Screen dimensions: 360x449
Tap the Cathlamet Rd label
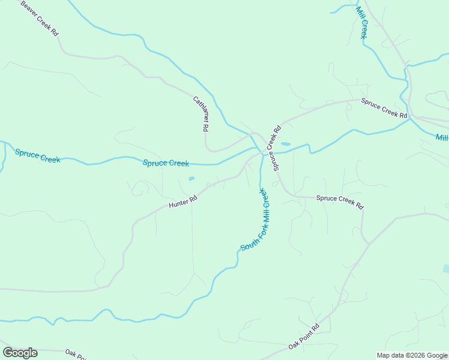(x=200, y=113)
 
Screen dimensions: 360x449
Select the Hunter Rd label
(x=183, y=203)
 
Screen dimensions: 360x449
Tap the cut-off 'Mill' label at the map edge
(x=442, y=138)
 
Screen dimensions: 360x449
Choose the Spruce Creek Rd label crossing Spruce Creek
(x=277, y=148)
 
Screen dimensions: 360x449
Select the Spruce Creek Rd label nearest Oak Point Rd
(x=340, y=202)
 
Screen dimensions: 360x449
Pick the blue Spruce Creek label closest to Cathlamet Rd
(x=166, y=163)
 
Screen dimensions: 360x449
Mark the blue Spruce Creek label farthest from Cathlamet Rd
(x=37, y=156)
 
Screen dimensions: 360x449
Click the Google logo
(x=20, y=353)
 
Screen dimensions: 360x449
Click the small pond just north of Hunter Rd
(x=191, y=178)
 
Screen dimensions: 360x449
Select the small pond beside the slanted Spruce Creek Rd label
(x=285, y=144)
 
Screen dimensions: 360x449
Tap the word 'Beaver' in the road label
(x=31, y=10)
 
